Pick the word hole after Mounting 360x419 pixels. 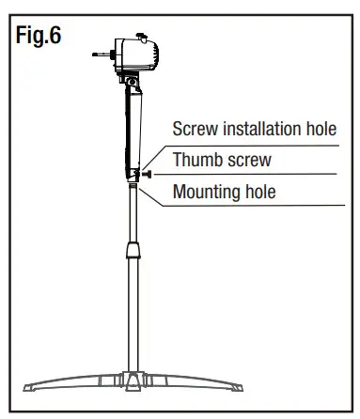(x=276, y=193)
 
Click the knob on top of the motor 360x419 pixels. (x=142, y=37)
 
